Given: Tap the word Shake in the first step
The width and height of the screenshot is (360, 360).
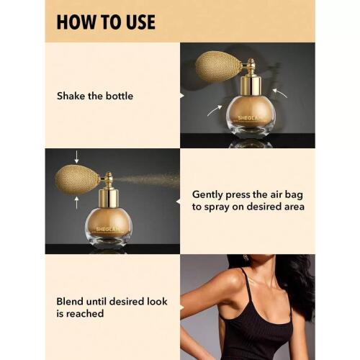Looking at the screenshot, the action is point(71,96).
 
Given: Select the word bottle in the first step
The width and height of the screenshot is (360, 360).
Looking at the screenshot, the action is point(120,96).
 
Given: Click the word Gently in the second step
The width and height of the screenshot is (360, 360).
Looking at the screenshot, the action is point(207,195).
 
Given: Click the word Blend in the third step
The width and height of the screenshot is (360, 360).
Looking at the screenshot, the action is point(70,302).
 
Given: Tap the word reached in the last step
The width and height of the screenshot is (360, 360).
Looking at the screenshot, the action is point(85,313).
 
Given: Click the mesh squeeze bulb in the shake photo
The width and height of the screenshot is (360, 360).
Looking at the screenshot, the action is point(218,66).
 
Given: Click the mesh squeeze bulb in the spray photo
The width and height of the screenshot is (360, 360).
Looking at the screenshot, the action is point(78,179).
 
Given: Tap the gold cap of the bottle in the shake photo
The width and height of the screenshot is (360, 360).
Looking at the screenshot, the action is point(251,85).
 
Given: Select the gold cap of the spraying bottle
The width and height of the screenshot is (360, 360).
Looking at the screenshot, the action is point(108,199).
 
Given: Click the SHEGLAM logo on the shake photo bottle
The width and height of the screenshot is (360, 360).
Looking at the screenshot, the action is point(249,118).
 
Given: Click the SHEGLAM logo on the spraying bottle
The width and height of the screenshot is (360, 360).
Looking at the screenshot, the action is point(108,230).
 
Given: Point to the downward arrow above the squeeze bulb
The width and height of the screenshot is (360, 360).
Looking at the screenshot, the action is point(76,157).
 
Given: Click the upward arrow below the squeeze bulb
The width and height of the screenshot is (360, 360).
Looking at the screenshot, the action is point(76,202).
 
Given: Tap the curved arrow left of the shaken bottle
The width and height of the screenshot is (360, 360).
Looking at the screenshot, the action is point(215,110).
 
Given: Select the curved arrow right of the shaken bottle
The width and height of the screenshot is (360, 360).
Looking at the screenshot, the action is point(280,93).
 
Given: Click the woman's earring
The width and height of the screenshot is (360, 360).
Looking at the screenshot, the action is point(246,258).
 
